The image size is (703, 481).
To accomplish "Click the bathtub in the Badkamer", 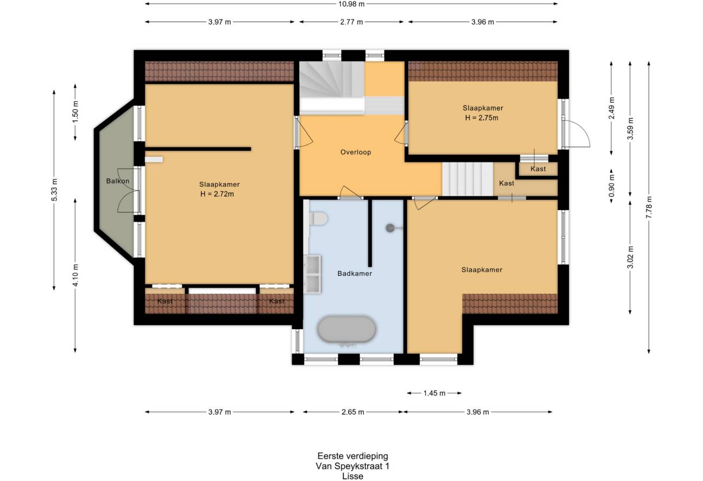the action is tap(347, 330).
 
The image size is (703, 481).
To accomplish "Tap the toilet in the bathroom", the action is tap(318, 218).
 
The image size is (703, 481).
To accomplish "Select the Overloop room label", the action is tap(356, 152).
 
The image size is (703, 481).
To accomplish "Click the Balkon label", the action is tap(118, 181).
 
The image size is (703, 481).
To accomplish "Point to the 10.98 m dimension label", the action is tap(351, 4).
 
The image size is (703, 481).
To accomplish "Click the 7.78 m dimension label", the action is tap(649, 208).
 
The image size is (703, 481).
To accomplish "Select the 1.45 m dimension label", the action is tap(434, 393).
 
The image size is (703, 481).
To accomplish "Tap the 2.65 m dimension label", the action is tap(353, 412).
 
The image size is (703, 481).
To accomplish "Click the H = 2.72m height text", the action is tap(217, 194).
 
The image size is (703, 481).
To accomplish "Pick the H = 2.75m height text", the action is tap(481, 118).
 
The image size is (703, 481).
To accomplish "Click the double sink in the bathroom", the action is tap(313, 275).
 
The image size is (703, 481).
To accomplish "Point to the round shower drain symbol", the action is tap(390, 228).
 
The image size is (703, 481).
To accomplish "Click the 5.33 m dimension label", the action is tap(54, 190).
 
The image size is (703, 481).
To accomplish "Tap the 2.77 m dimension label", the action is tap(351, 22).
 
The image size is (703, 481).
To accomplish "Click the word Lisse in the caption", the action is tap(353, 476).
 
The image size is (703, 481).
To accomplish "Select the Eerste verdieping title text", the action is tap(353, 456).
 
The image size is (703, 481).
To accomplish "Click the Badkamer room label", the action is tap(355, 273).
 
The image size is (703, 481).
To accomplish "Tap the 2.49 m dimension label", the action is tap(612, 108).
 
